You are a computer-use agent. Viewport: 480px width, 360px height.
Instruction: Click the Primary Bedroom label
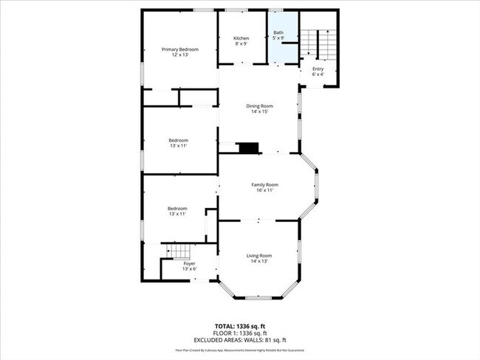pos(180,49)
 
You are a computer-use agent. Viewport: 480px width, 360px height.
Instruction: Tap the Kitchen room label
pos(241,38)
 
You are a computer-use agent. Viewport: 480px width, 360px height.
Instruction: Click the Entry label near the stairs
pos(318,69)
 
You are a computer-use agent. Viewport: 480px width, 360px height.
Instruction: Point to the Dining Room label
pos(259,106)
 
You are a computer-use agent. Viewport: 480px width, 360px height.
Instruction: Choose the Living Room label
pos(259,255)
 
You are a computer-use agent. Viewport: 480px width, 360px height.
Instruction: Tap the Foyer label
pos(189,263)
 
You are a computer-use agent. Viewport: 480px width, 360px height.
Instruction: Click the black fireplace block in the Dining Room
pos(250,148)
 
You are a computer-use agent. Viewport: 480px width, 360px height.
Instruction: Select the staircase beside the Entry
pos(323,44)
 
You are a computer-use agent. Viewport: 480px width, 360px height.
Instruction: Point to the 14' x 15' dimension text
pos(259,112)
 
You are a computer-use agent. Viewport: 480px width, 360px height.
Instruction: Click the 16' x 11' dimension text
pos(264,190)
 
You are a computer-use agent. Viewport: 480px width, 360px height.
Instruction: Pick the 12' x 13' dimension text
pos(180,55)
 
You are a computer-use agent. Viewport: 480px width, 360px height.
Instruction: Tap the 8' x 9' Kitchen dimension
pos(241,44)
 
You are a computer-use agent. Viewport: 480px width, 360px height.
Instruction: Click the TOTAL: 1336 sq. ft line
pos(240,325)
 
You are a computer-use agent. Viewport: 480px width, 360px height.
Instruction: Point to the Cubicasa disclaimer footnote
pos(240,350)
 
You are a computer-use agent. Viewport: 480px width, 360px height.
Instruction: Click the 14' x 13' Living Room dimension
pos(259,261)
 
